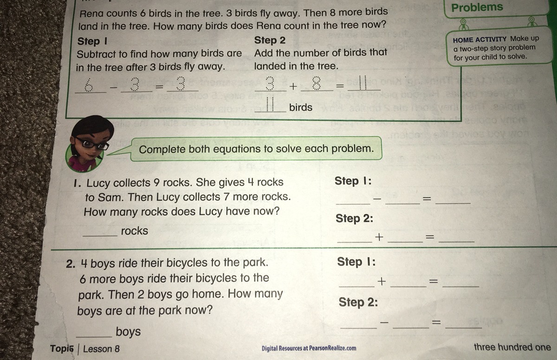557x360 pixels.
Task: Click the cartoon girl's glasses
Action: point(91,143)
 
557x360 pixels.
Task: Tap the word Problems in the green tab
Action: point(477,7)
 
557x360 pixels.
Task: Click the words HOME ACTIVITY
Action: point(479,40)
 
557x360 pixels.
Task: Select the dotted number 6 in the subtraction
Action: point(89,85)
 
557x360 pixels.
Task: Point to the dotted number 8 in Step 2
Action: point(316,83)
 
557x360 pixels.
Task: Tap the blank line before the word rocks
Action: point(100,236)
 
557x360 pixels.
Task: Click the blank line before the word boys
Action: point(94,336)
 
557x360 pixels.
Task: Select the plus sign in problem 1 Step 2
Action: point(379,237)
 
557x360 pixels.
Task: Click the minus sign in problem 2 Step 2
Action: point(384,322)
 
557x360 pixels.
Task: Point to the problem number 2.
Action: point(71,264)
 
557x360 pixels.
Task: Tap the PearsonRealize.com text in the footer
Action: point(332,348)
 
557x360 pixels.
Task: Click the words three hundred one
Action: point(512,347)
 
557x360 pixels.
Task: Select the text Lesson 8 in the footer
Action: point(101,349)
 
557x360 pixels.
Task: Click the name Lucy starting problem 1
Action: point(98,183)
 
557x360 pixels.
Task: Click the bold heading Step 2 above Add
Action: point(270,40)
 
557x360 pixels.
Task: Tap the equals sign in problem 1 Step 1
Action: point(427,198)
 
